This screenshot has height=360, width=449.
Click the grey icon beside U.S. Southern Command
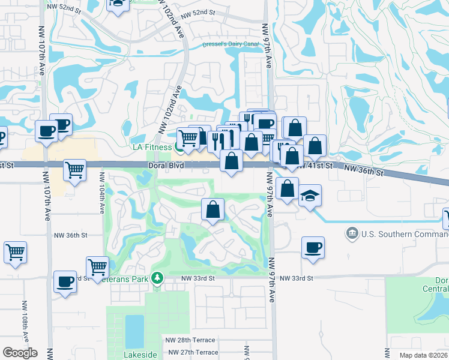[x=352, y=232]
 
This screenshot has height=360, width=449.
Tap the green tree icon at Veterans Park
[x=157, y=278]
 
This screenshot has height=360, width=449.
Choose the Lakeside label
[x=140, y=355]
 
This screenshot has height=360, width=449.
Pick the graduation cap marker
[x=310, y=195]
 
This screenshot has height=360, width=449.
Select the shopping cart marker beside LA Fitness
[x=188, y=138]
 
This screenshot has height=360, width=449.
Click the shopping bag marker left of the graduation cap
[x=288, y=188]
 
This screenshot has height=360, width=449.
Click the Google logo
[x=20, y=353]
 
